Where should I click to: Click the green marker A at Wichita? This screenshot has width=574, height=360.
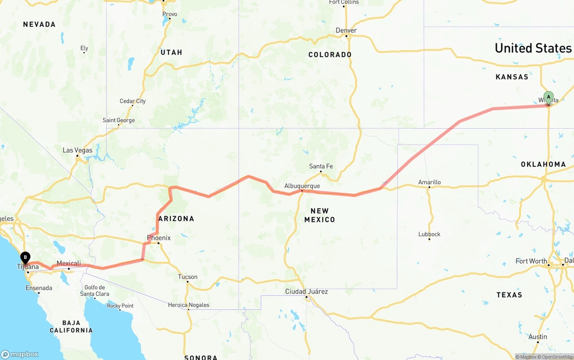(548, 97)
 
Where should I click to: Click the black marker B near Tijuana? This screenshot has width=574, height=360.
(26, 258)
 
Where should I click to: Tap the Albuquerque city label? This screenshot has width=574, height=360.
(302, 186)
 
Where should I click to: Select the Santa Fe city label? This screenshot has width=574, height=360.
(321, 166)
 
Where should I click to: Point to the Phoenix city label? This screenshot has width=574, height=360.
(159, 238)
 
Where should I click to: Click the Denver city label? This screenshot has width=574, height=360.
(346, 30)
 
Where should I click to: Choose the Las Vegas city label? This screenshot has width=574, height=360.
(77, 150)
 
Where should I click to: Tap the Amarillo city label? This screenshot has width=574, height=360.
(429, 182)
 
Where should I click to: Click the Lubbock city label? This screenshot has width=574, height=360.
(429, 234)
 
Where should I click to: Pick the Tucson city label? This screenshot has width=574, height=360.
(187, 277)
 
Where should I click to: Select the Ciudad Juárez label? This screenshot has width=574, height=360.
(306, 291)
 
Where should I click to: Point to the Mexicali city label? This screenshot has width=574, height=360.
(69, 263)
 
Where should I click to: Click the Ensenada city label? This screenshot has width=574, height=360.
(39, 288)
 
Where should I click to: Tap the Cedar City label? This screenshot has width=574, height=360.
(132, 101)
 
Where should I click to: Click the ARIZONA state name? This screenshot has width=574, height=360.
(176, 219)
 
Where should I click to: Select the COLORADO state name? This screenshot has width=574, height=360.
(330, 55)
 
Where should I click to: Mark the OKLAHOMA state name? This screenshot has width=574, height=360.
(543, 165)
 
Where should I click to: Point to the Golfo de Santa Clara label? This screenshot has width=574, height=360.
(94, 291)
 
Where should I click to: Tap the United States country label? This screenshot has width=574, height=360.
(533, 48)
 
